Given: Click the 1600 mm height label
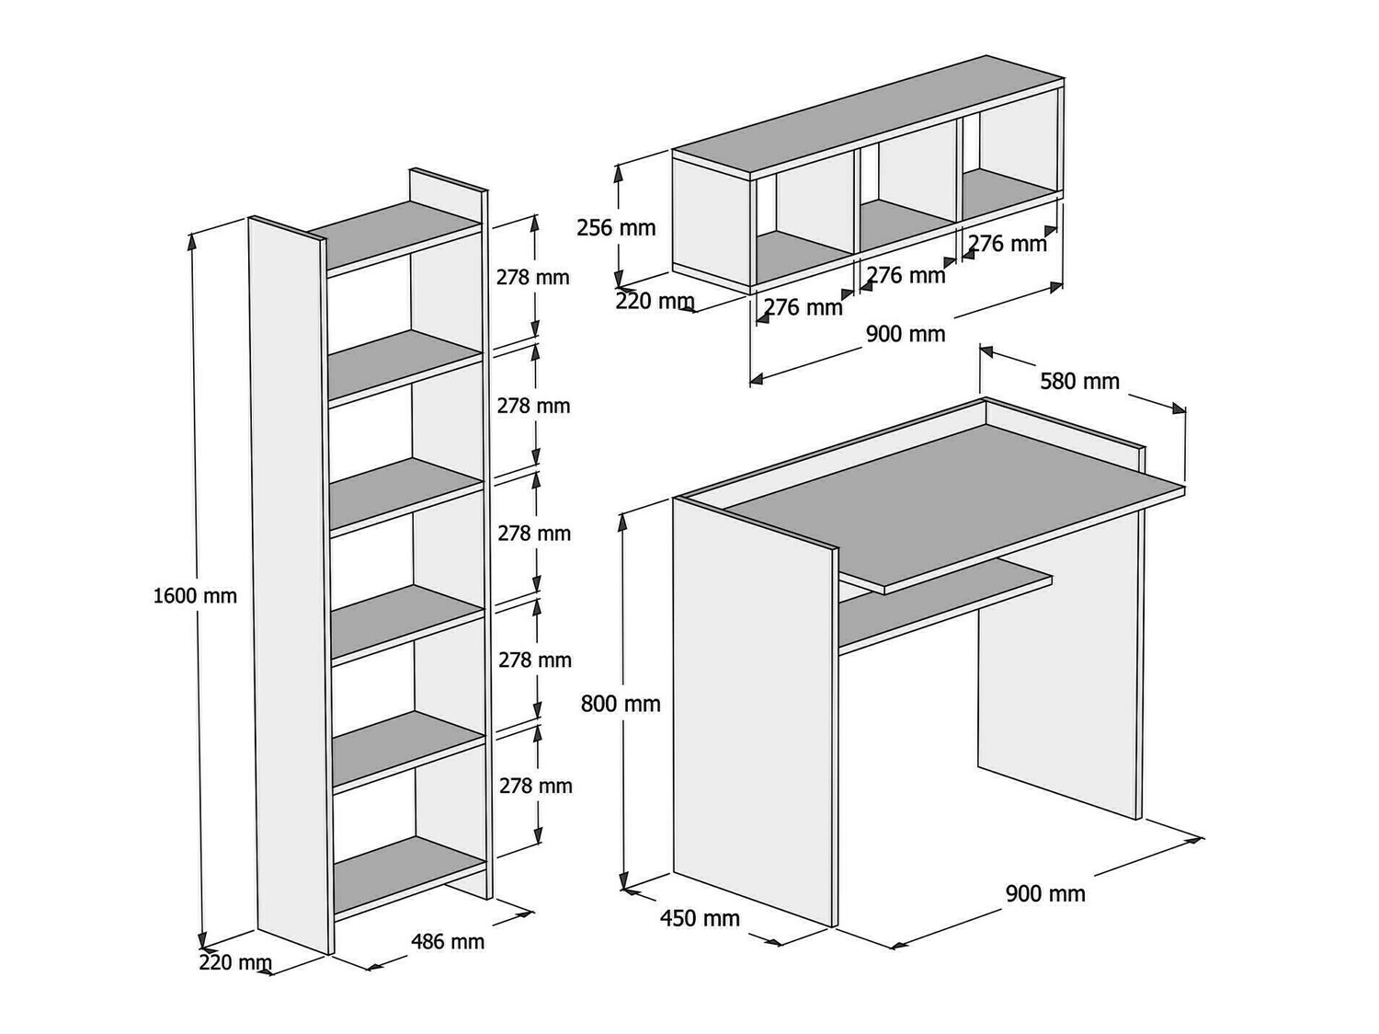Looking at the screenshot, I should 195,596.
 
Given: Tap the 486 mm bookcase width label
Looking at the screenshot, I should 447,941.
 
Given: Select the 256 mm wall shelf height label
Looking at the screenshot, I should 616,227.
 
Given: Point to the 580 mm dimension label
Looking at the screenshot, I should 1079,381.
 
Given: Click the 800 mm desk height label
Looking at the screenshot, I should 621,705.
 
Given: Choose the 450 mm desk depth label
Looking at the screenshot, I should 700,918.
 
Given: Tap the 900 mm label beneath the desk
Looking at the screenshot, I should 1045,893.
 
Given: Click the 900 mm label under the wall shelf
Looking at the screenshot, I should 906,334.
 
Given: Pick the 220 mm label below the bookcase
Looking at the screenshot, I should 235,963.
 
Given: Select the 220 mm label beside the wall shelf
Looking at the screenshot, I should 655,301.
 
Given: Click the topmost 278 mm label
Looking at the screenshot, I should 533,277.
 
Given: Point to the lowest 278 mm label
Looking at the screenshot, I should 535,786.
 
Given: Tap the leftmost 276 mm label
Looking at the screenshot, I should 803,307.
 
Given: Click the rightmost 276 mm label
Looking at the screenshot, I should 1009,244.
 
